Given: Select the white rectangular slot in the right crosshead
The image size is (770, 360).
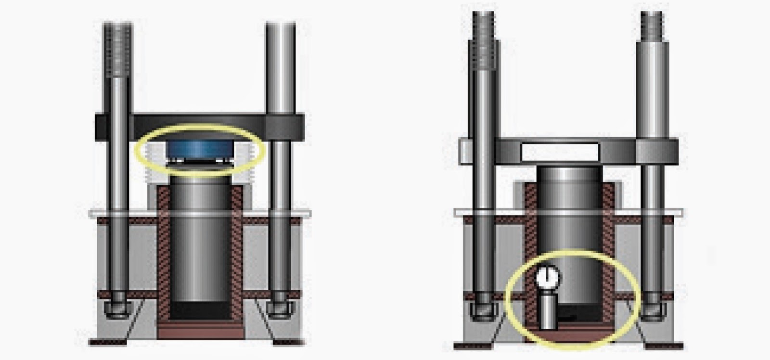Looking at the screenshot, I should pos(560,152).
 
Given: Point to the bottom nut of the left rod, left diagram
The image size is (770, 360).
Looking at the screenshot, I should pos(117,308).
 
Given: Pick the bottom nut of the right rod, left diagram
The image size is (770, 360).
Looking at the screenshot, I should pos(280,308).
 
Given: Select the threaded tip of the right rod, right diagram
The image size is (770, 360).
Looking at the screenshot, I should pos(652,26).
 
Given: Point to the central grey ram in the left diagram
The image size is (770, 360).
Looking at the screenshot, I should pos(200,241).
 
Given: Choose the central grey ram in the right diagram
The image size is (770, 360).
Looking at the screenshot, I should pos(569,217).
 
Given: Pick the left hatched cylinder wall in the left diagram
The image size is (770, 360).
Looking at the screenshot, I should pos(164,255).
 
